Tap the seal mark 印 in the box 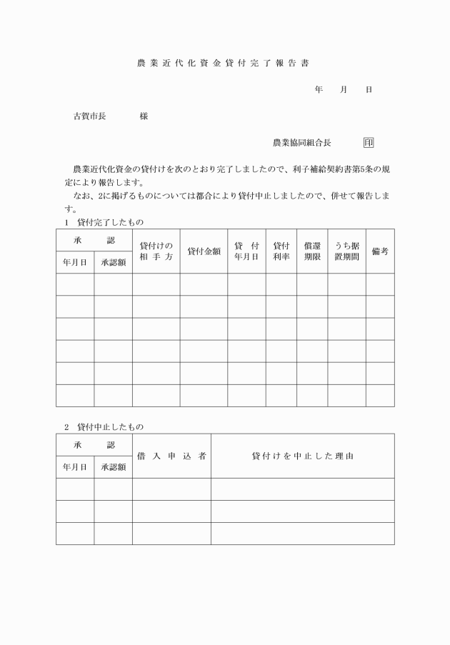(369, 142)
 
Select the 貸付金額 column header (204, 251)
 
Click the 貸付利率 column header (281, 251)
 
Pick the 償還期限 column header (312, 251)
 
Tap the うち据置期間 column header (346, 251)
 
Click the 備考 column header (380, 251)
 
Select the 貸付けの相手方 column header (156, 251)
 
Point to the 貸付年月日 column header (246, 251)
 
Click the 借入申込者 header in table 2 (171, 456)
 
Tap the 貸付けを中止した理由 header (302, 456)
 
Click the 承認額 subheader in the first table (113, 262)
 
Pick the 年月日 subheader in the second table (75, 467)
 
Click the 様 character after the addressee (144, 116)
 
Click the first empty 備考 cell (380, 284)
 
